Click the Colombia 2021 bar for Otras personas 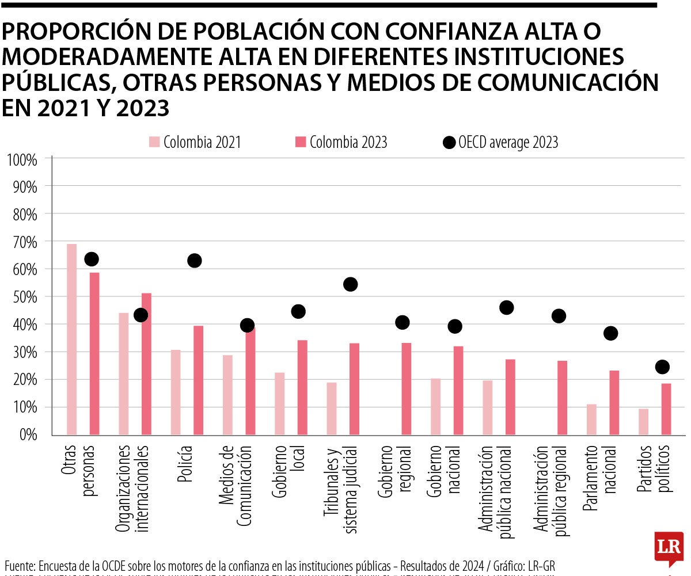71,340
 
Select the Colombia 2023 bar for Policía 198,380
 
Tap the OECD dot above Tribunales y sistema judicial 350,284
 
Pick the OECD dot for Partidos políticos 662,367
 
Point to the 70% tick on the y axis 23,242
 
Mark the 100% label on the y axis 22,159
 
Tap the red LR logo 668,549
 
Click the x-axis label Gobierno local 288,470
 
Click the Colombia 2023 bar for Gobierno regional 406,388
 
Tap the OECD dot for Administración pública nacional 506,307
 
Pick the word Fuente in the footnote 20,566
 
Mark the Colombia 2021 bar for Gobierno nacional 435,406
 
